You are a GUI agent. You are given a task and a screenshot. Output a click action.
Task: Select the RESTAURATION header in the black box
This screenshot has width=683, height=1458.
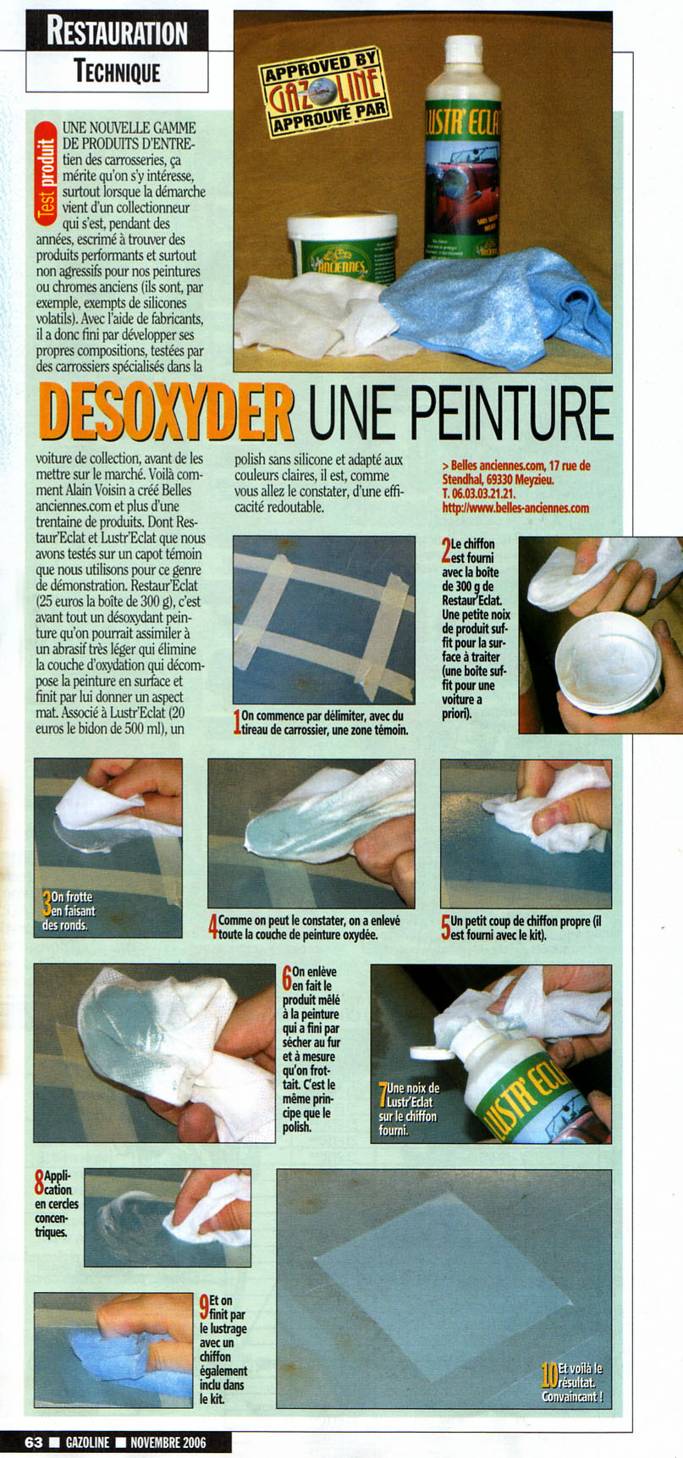click(x=118, y=32)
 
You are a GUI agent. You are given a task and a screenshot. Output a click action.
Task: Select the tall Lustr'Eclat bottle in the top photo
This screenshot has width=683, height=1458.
click(x=462, y=148)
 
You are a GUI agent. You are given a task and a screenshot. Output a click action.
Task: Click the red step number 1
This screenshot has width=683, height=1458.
click(x=237, y=722)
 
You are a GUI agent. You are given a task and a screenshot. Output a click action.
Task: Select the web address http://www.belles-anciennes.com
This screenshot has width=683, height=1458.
click(x=515, y=508)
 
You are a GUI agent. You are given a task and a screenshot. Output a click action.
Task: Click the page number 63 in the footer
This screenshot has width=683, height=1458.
click(x=34, y=1442)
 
